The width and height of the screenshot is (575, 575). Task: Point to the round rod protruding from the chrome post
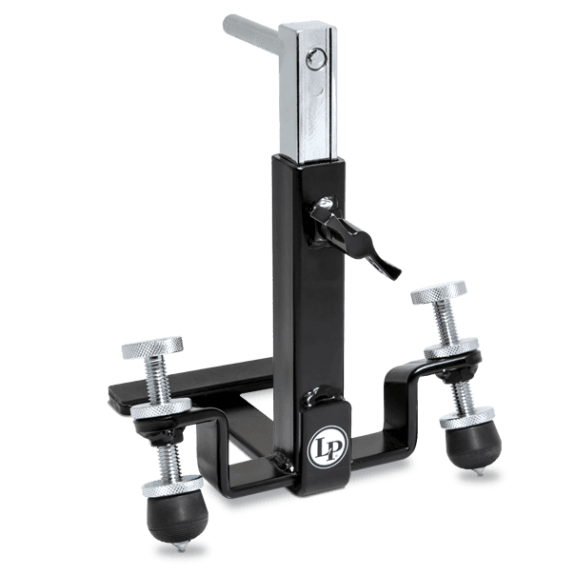tap(255, 42)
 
